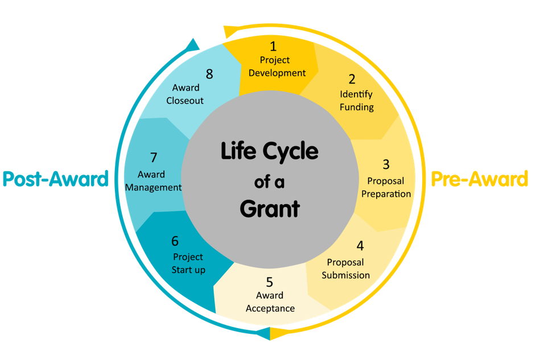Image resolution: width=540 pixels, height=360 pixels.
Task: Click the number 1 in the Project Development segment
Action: coord(273,46)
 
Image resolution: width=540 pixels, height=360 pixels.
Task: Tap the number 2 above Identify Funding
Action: coord(352,79)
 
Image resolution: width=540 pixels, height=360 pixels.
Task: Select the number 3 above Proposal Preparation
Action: coord(386,164)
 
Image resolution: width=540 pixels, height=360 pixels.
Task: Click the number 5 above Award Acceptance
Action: coord(270,282)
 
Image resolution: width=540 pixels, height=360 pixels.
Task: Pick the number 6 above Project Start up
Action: coord(175,241)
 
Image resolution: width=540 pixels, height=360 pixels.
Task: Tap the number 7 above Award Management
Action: coord(154,158)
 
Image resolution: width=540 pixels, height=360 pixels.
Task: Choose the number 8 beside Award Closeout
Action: coord(209,74)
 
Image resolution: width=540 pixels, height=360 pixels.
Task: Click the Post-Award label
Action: coord(55,179)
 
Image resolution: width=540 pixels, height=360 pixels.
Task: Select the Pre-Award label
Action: coord(479,179)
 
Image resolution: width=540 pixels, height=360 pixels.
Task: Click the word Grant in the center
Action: coord(270,209)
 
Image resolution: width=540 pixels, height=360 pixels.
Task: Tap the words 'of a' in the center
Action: coord(270,182)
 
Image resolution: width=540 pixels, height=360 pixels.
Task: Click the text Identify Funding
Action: coord(357,100)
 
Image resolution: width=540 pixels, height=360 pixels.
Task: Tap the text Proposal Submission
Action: coord(345,268)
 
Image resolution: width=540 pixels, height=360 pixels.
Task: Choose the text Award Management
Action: coord(153,181)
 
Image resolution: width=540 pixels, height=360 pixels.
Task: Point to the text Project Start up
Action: coord(188,263)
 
